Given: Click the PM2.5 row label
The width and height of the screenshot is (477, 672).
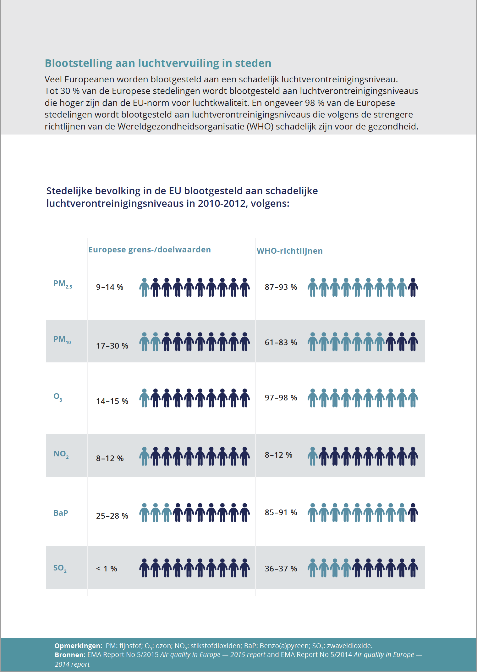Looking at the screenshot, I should click(x=63, y=284).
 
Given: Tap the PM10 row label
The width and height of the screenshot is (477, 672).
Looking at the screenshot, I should click(x=62, y=340).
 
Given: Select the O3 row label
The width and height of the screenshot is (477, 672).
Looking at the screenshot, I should click(x=58, y=397).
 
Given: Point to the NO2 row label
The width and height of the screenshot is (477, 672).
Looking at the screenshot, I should click(x=61, y=454).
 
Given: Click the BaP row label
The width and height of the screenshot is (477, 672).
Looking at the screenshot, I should click(x=61, y=513).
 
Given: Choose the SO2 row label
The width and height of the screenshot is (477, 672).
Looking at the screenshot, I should click(x=60, y=568).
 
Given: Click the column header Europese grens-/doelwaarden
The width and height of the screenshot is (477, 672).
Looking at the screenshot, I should click(x=150, y=250).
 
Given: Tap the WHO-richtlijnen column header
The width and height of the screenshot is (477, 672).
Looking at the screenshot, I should click(x=289, y=251).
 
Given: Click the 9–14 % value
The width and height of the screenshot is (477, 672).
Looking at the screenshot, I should click(x=110, y=287).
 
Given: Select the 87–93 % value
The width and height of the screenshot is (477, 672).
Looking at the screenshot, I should click(x=281, y=287).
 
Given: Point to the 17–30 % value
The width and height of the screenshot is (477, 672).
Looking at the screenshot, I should click(x=112, y=346).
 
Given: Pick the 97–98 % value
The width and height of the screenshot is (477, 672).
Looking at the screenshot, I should click(x=281, y=398).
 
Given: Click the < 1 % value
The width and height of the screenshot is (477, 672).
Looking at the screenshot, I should click(x=107, y=569).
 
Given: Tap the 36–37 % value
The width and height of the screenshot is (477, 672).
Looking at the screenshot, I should click(x=281, y=569).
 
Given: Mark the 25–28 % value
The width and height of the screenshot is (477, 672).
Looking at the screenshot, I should click(x=112, y=516).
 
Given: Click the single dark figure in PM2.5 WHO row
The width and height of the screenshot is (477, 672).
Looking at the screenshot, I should click(x=413, y=287).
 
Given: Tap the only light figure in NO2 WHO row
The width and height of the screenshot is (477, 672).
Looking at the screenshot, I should click(x=313, y=456).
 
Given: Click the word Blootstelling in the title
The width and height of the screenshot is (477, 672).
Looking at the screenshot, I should click(x=79, y=63).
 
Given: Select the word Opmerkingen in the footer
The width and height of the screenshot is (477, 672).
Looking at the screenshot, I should click(x=78, y=646).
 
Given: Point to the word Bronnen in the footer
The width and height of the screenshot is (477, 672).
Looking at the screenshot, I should click(x=70, y=655).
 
